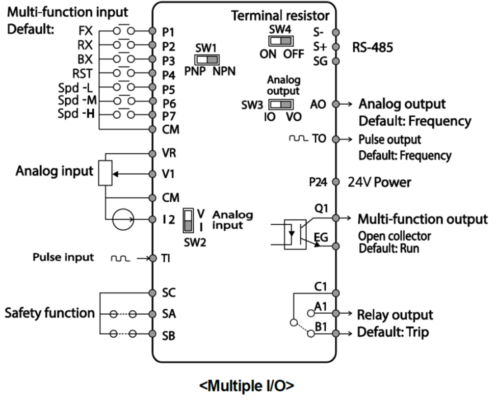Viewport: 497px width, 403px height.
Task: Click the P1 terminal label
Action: coord(169,32)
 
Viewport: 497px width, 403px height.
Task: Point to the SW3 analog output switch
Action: coord(279,105)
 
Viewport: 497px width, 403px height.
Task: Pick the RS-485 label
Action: coord(373,47)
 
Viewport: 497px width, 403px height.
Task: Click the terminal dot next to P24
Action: coord(335,182)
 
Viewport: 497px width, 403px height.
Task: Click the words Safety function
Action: coord(49,313)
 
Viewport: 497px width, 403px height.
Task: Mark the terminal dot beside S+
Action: coord(335,47)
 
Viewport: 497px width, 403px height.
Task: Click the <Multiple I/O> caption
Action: coord(246,386)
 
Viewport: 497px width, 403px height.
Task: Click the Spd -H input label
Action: coord(76,115)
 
